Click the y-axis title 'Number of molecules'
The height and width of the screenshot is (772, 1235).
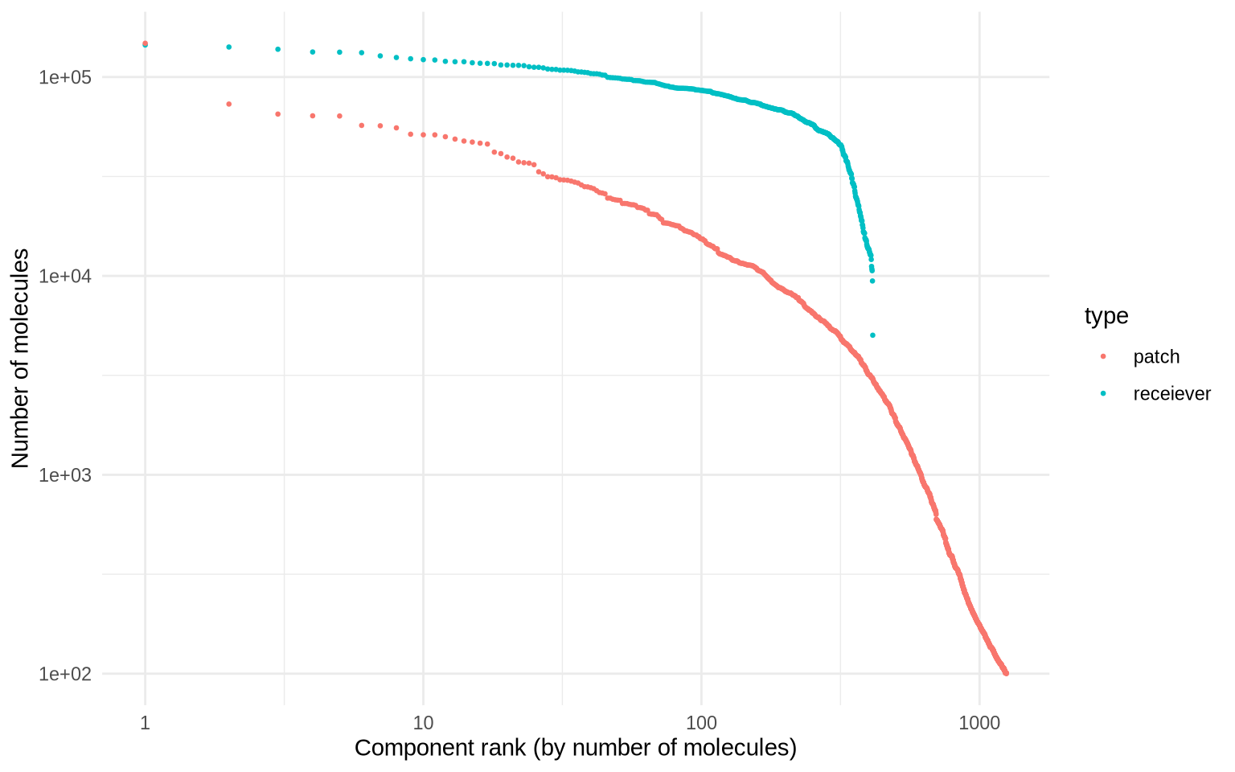pos(20,358)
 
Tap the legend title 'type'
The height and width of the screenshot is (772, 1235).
pos(1106,316)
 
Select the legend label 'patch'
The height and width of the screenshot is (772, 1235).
pos(1156,356)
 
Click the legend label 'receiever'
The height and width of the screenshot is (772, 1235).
pos(1171,393)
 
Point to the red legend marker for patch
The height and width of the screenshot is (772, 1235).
pos(1103,356)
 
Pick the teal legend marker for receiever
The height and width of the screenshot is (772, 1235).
pos(1103,393)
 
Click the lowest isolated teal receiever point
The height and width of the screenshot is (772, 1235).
pos(872,335)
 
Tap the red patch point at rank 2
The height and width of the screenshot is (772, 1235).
pos(229,104)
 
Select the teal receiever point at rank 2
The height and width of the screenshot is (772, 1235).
pos(229,47)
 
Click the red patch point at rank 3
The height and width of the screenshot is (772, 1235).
pos(278,114)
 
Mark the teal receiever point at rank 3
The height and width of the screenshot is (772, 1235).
pos(278,49)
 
